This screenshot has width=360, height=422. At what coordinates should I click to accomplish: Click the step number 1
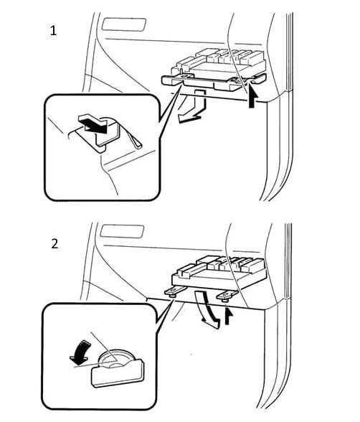pos(54,31)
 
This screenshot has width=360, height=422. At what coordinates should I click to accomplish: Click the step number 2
pos(55,243)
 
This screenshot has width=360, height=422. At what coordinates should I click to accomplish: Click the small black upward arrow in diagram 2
pos(228,316)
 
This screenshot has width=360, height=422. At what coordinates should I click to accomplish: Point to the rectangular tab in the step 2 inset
pos(118,373)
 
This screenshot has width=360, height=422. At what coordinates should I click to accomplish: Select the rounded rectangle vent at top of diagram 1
pos(124,24)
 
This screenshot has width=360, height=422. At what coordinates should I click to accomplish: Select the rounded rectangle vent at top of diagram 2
pos(122,231)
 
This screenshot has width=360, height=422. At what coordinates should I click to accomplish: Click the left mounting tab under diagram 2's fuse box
pos(175,291)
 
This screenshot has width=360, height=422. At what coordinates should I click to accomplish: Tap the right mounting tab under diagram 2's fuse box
pos(227,296)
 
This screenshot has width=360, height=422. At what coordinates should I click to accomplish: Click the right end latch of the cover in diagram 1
pos(259,79)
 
